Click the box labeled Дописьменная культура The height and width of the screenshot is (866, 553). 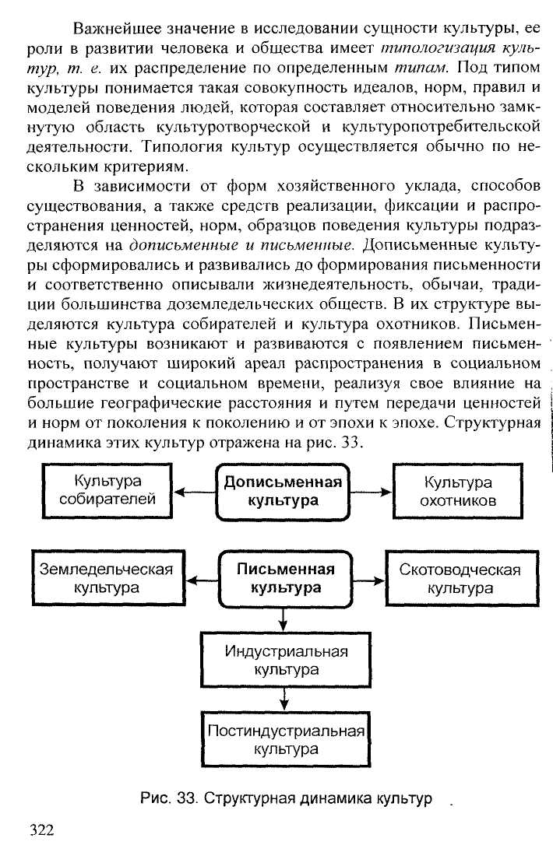pyautogui.click(x=283, y=491)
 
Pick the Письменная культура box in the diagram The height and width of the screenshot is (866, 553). pyautogui.click(x=286, y=578)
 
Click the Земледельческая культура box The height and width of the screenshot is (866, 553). pyautogui.click(x=107, y=578)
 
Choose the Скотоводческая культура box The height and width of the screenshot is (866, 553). pyautogui.click(x=460, y=578)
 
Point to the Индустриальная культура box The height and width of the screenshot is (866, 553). pyautogui.click(x=286, y=659)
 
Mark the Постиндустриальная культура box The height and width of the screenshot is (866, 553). pyautogui.click(x=286, y=740)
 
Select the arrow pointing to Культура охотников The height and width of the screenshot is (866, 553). pyautogui.click(x=372, y=492)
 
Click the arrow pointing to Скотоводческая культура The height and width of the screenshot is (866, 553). pyautogui.click(x=369, y=579)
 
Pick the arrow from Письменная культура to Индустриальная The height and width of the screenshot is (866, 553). pyautogui.click(x=284, y=619)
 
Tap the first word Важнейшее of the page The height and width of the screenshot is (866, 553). pyautogui.click(x=118, y=30)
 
